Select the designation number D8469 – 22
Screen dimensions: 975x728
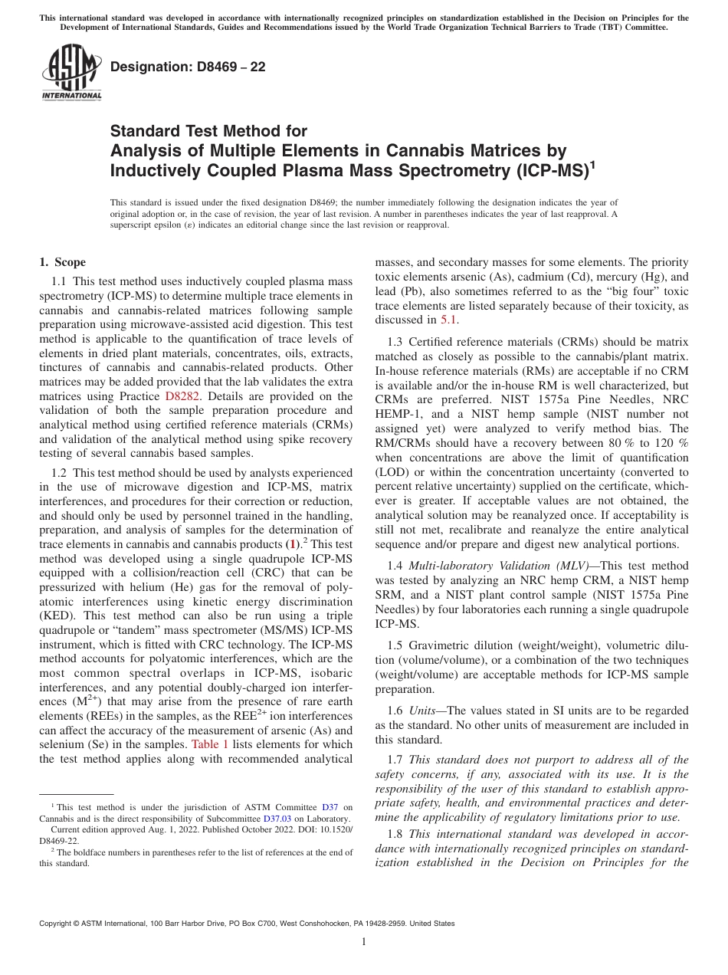(188, 67)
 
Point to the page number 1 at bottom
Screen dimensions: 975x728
(364, 942)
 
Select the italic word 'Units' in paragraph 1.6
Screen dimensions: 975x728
(422, 711)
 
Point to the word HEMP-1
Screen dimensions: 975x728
(399, 414)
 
